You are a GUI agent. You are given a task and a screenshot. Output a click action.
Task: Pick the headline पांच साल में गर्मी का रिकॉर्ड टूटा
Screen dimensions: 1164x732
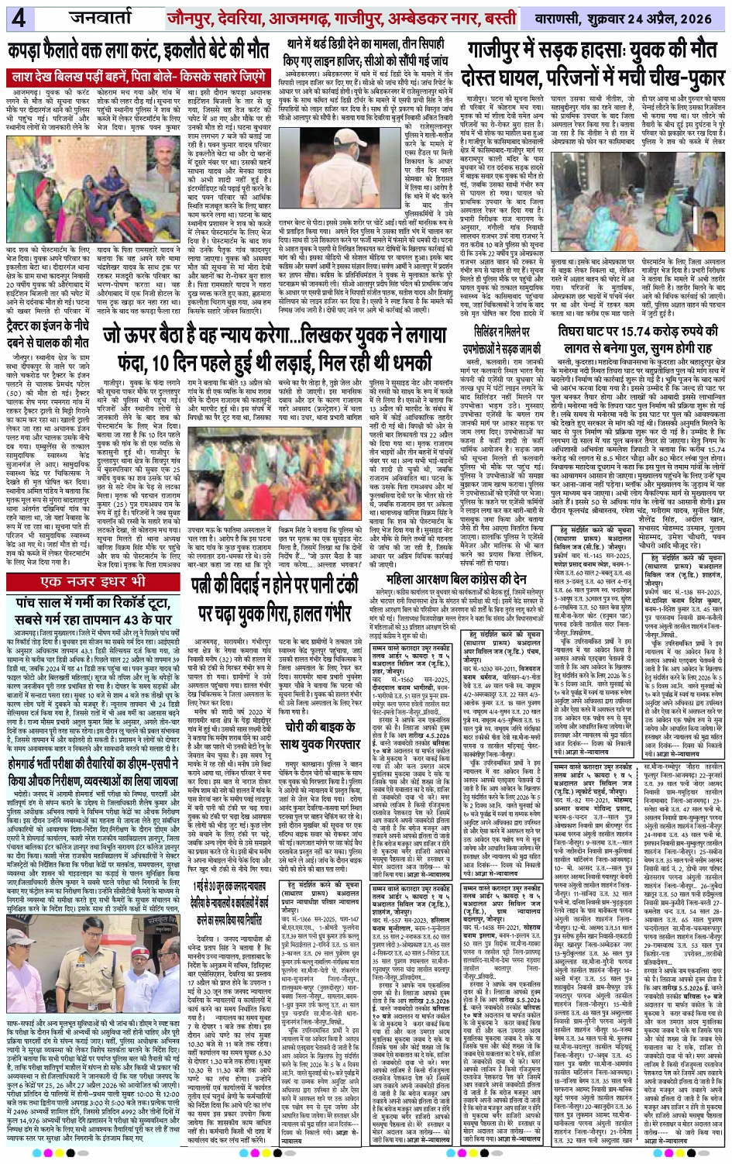click(x=92, y=609)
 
